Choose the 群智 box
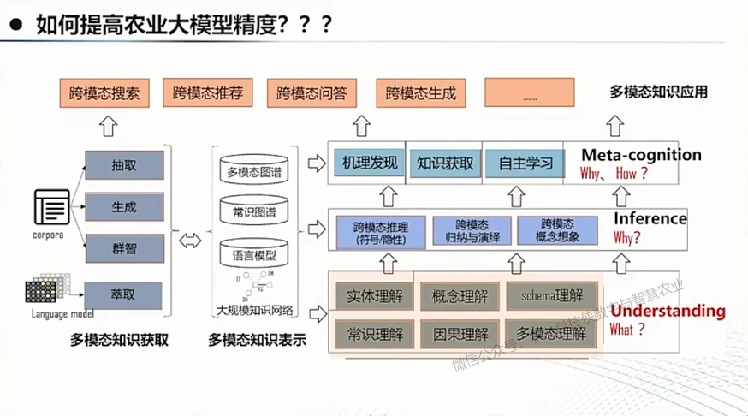coord(124,249)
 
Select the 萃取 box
coord(124,294)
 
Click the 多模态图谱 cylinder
coord(254,172)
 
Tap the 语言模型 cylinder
coord(254,254)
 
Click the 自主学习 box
coord(519,162)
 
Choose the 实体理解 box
coord(374,296)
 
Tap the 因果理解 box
coord(460,333)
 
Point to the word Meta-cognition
coord(641,155)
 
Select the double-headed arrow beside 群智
coord(190,241)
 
